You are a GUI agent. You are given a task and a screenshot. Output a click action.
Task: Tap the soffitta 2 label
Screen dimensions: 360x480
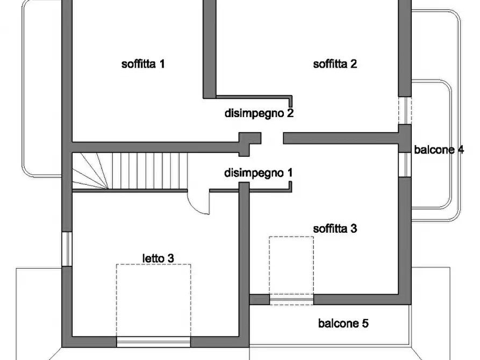(x=335, y=64)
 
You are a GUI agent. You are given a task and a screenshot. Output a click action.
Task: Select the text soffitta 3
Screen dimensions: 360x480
(x=335, y=228)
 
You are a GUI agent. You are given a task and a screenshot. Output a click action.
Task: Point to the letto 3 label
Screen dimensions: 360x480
(x=157, y=258)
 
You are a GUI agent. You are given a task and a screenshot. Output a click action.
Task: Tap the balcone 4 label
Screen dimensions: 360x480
(x=439, y=150)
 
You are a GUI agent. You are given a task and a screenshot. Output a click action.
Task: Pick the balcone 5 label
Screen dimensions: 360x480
(x=343, y=323)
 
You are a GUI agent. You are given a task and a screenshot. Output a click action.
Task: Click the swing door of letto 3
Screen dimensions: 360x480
(x=199, y=203)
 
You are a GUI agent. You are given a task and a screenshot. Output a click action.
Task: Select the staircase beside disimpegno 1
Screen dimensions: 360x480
(x=129, y=170)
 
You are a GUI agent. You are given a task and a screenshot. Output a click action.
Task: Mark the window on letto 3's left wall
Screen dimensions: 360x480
(x=66, y=249)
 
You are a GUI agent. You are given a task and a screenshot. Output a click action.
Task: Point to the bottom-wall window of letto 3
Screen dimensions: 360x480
(x=153, y=342)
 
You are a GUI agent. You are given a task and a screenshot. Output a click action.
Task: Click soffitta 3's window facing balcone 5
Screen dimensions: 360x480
(x=291, y=299)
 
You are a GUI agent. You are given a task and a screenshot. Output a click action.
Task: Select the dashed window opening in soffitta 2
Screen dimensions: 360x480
(x=404, y=111)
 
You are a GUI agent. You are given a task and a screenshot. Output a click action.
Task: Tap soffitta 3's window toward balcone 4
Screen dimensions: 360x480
(x=404, y=164)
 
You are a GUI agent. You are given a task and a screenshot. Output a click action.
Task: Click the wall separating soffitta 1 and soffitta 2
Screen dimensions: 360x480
(x=209, y=48)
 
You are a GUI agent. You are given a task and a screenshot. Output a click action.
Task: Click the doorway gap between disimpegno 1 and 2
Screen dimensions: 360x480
(x=271, y=138)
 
